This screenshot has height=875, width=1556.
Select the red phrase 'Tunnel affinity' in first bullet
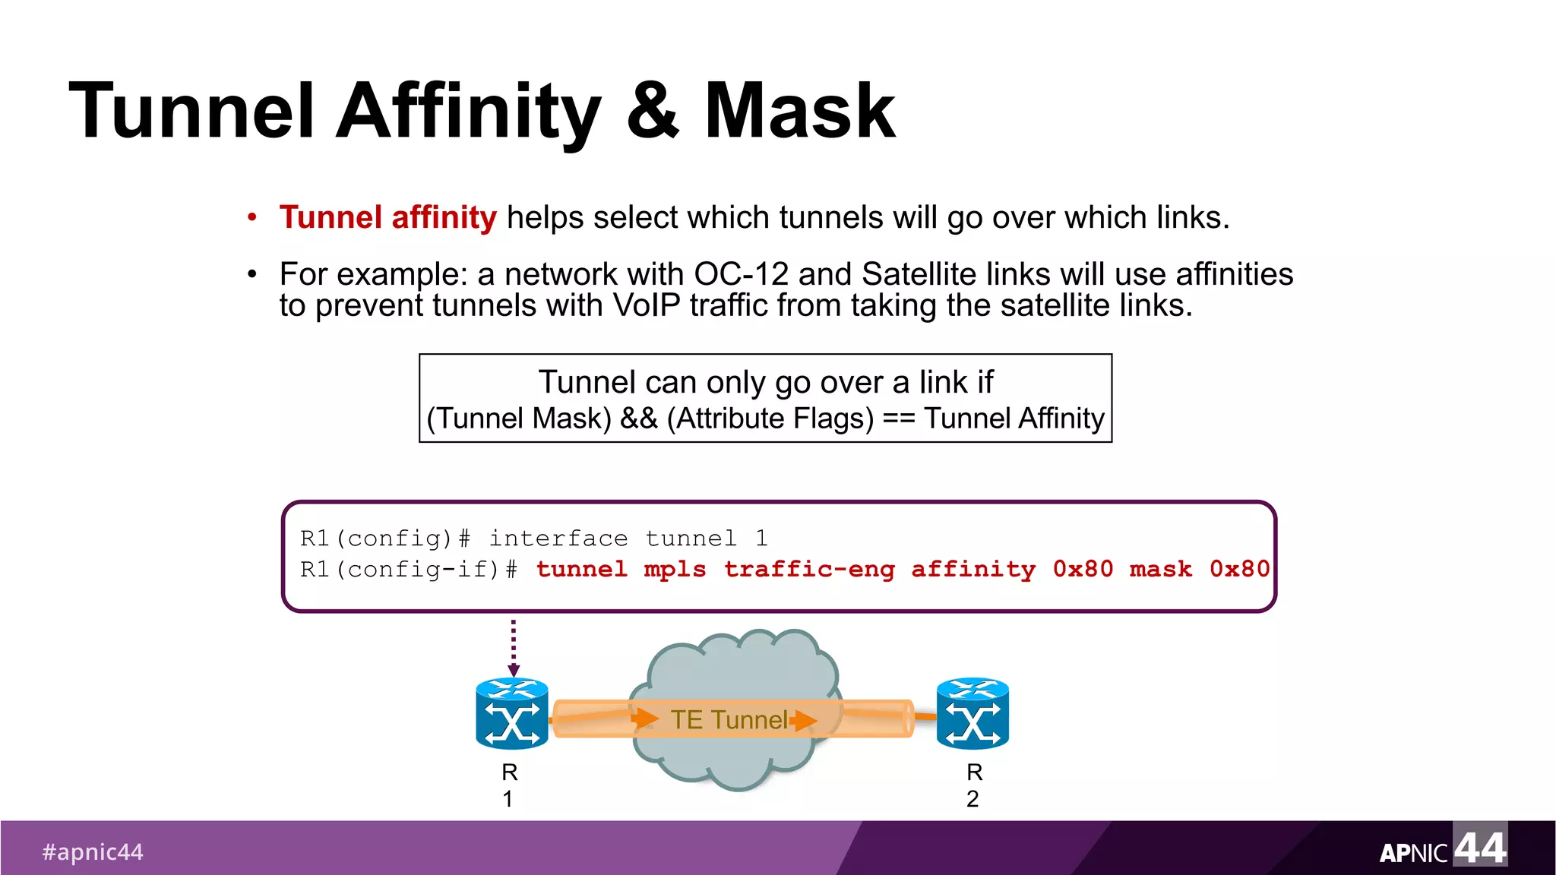point(387,218)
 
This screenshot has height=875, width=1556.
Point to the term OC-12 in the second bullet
point(741,274)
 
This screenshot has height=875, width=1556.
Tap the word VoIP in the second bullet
point(647,305)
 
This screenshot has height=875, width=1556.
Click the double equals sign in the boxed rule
point(899,419)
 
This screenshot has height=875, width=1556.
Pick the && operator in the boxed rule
point(639,419)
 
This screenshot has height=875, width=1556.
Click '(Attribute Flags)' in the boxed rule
point(770,419)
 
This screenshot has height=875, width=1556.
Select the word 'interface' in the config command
point(558,539)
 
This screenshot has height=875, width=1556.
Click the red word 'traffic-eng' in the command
point(809,569)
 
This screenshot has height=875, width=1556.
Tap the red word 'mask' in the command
point(1160,569)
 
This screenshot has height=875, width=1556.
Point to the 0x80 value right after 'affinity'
point(1083,569)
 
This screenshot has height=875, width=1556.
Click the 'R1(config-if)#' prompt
point(409,569)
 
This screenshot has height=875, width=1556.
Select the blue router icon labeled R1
point(512,714)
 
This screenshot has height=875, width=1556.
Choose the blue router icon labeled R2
point(972,714)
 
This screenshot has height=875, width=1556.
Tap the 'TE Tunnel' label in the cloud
point(729,719)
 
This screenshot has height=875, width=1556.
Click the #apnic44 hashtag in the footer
point(93,852)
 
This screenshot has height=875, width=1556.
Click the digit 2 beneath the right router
point(972,799)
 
